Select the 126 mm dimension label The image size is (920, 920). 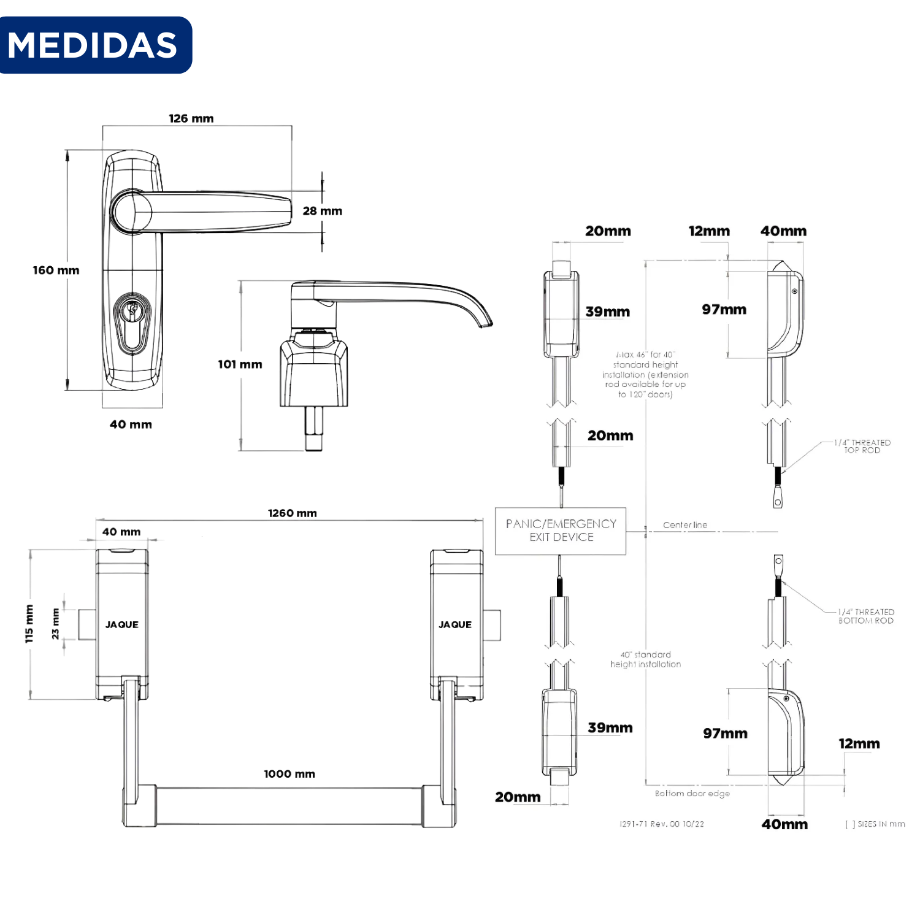[191, 118]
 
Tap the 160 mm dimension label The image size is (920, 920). [56, 270]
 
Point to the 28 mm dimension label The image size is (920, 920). [322, 211]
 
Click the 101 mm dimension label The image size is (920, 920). [240, 364]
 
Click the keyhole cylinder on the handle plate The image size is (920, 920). [132, 323]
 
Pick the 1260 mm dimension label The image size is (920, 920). [292, 513]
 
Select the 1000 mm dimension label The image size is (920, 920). [289, 774]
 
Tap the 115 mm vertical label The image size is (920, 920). [29, 624]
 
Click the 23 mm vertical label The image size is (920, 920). [55, 624]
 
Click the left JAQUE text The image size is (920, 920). [122, 624]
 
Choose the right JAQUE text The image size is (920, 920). [455, 624]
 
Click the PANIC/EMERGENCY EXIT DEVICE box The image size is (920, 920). [561, 531]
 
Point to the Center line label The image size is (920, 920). [685, 525]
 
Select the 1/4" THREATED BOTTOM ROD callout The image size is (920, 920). [866, 616]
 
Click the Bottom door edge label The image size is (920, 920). [692, 793]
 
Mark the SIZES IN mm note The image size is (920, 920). [875, 824]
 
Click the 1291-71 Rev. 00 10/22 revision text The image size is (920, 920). [662, 824]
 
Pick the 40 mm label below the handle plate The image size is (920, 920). [131, 424]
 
